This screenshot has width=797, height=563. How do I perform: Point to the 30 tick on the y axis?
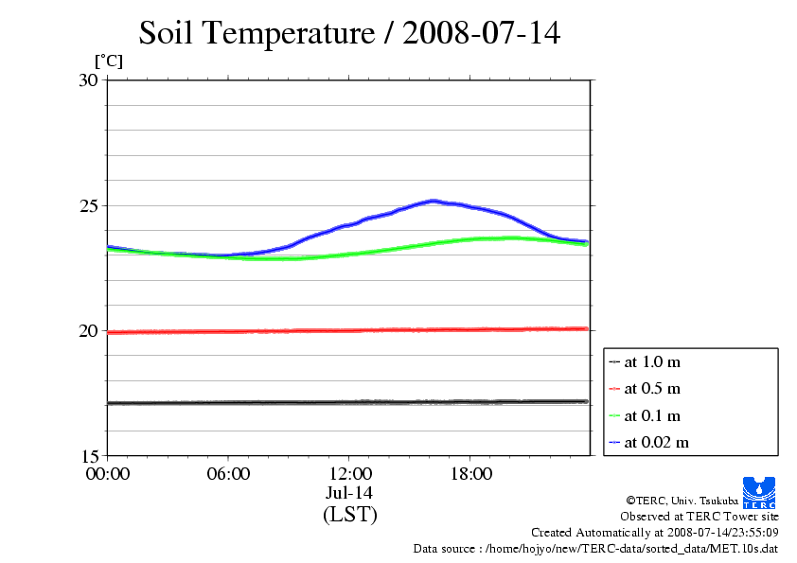[x=88, y=80]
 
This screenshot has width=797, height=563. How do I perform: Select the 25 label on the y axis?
[x=88, y=205]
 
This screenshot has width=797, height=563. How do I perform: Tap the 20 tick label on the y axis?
[x=88, y=330]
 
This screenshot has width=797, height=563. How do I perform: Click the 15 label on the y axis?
[x=88, y=455]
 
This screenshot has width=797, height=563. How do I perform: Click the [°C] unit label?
[x=108, y=62]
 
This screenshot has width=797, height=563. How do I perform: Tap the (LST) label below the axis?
[x=349, y=515]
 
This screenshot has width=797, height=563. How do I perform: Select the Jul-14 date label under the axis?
[x=349, y=493]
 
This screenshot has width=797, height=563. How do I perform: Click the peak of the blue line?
[x=434, y=201]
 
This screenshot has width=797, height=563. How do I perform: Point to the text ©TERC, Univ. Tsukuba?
[x=682, y=500]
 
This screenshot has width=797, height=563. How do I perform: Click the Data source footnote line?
[x=595, y=549]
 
